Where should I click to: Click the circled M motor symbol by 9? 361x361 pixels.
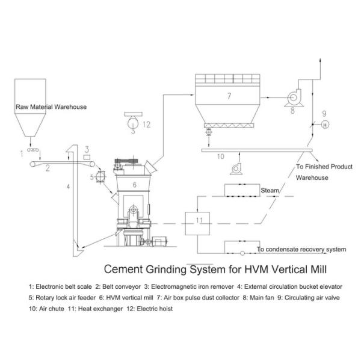(323, 125)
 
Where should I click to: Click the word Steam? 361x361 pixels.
(270, 191)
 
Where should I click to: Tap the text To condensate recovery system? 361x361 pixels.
(301, 248)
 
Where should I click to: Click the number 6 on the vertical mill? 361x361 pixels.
(134, 184)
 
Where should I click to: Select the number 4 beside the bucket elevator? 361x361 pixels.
(68, 187)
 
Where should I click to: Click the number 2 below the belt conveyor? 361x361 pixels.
(47, 168)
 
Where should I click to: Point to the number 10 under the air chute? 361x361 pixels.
(220, 156)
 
